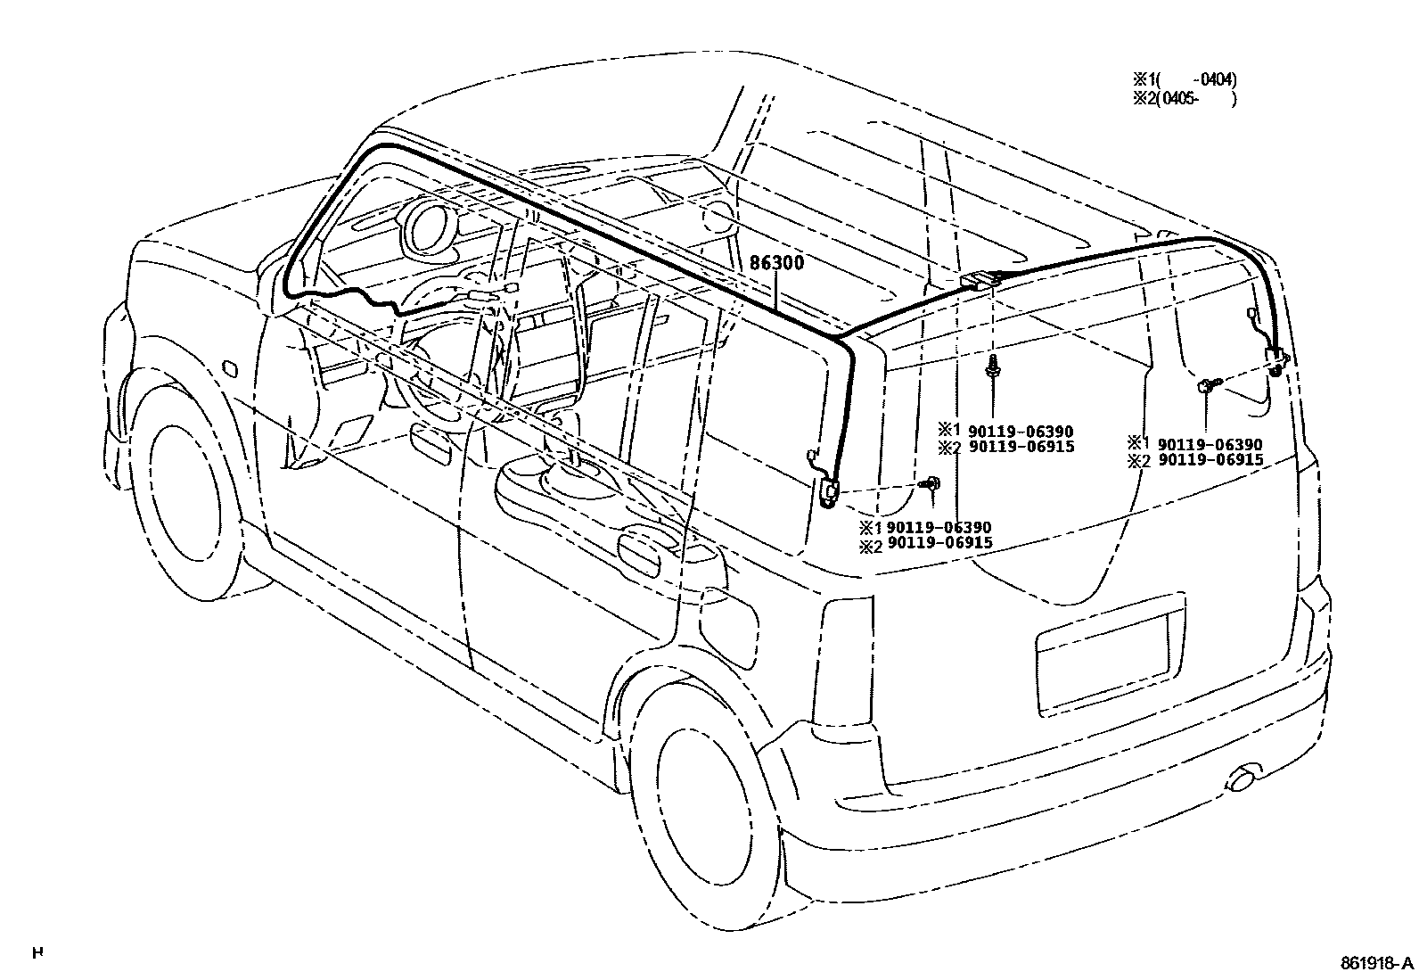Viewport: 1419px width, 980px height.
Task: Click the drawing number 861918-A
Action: tap(1376, 964)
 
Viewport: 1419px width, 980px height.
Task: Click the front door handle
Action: tap(430, 444)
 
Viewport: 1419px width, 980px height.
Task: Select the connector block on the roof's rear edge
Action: tap(980, 281)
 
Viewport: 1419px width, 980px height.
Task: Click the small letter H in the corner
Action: tap(37, 952)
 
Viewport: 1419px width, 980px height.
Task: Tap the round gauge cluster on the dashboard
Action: tap(429, 227)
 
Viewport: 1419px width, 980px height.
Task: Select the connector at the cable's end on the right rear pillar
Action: tap(1277, 361)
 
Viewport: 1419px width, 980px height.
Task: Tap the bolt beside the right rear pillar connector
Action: tap(1206, 386)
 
